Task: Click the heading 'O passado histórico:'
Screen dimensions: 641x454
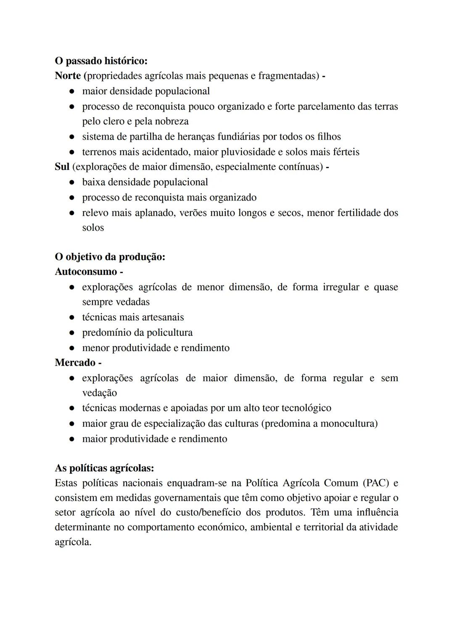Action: (101, 61)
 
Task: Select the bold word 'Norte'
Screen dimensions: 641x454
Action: (68, 76)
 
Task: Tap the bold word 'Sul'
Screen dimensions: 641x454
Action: (62, 167)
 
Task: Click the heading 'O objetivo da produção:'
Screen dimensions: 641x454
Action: (110, 257)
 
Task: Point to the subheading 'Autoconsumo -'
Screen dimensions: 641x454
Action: (89, 272)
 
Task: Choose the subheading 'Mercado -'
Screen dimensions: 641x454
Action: (78, 363)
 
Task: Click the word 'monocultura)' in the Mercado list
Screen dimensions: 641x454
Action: (349, 423)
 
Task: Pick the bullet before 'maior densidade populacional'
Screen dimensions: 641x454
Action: (72, 92)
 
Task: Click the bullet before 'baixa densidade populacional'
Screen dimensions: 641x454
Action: (72, 182)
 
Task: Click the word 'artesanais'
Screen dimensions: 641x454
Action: (161, 317)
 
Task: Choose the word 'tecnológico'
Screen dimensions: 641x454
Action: (306, 408)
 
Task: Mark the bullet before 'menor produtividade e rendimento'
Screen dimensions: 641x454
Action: (72, 348)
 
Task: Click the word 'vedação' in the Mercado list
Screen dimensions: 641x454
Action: (99, 393)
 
